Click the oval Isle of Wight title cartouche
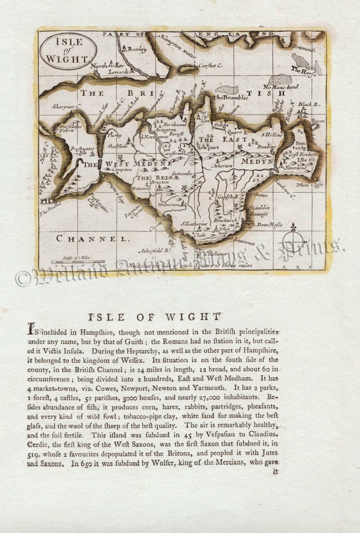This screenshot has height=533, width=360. tap(68, 52)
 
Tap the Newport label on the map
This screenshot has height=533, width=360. tap(207, 148)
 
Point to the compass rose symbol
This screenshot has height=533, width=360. tap(294, 240)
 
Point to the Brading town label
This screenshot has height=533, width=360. tap(266, 147)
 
